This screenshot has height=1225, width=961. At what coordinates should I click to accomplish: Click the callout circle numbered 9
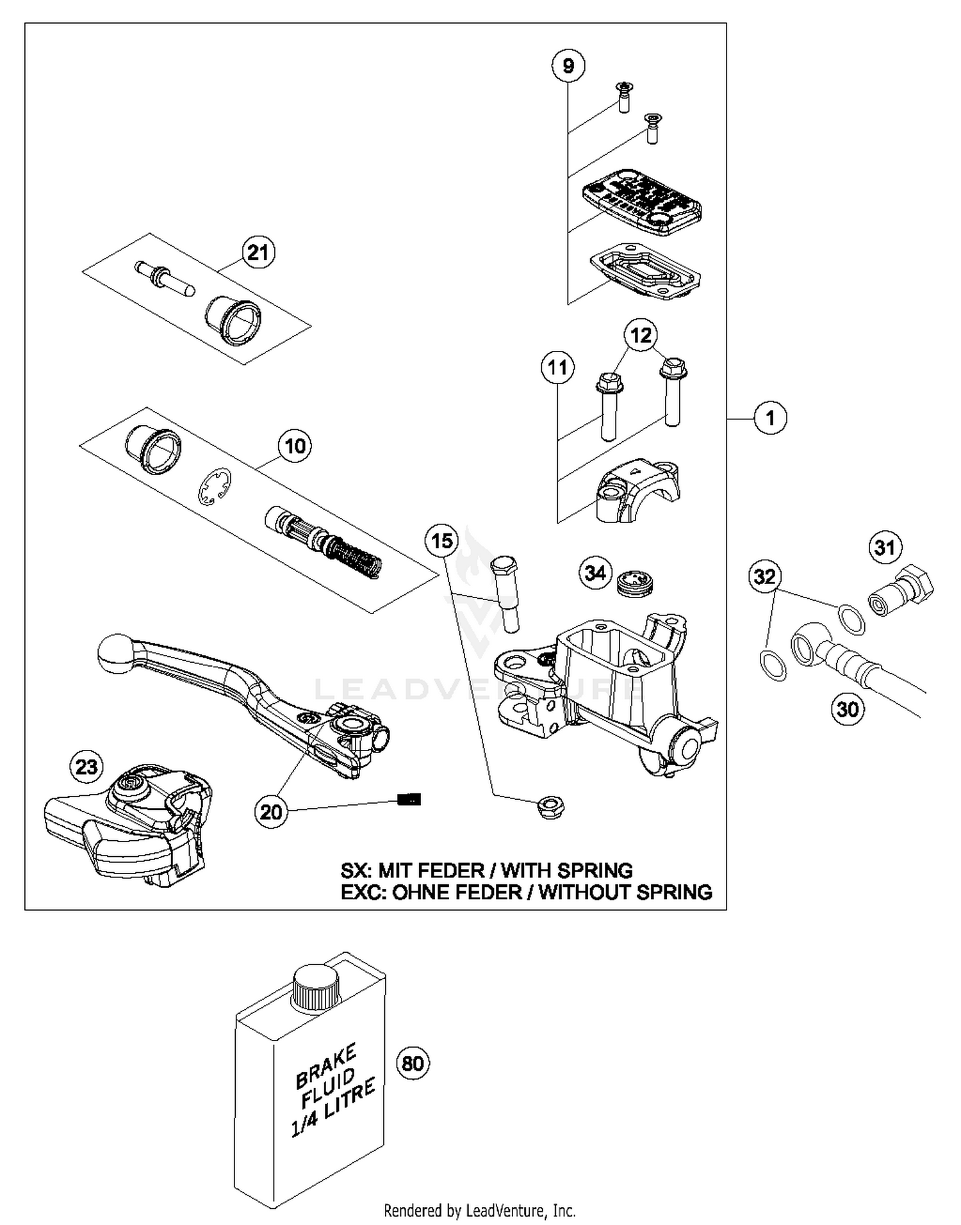coord(568,66)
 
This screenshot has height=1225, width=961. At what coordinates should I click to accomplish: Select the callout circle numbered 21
coord(258,252)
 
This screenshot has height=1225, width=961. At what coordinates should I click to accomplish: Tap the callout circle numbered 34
coord(595,572)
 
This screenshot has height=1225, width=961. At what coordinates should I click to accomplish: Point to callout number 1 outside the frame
coord(769,418)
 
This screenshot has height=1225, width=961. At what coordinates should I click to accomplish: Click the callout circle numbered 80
coord(413,1063)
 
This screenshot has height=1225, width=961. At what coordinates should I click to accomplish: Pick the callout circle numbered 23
coord(86,766)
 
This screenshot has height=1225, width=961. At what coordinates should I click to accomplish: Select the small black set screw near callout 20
coord(409,799)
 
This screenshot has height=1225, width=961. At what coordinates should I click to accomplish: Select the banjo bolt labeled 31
coord(900,590)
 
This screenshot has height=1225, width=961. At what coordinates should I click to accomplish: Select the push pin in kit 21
coord(163,279)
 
